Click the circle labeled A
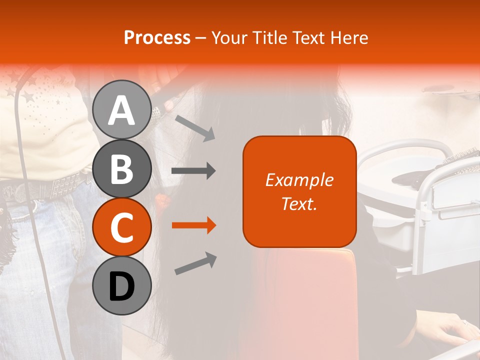(x=122, y=109)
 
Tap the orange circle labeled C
(x=122, y=227)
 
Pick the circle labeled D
(x=122, y=285)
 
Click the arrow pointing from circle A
(x=194, y=127)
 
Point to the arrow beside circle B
(x=193, y=171)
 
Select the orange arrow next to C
(x=193, y=225)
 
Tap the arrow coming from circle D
(x=195, y=263)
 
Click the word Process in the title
(x=157, y=37)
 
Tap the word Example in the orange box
(x=299, y=180)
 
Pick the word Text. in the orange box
(x=299, y=203)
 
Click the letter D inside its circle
(x=122, y=286)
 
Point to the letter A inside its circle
(x=122, y=110)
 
